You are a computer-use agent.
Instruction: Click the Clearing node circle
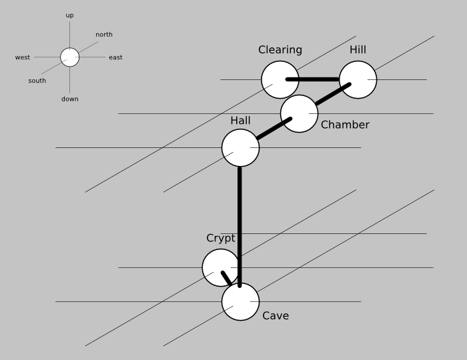280,79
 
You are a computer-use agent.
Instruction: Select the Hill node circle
358,79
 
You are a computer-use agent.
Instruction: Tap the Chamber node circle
298,113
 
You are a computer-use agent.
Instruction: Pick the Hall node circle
240,147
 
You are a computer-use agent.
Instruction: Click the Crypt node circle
220,267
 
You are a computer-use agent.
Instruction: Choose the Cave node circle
240,301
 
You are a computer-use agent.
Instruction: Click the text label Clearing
280,50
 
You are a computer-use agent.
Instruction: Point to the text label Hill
358,50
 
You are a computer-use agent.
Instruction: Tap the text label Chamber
345,125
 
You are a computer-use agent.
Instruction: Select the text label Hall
240,121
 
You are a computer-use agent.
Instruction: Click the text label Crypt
220,239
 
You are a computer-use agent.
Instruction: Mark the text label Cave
276,316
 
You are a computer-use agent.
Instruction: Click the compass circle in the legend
70,57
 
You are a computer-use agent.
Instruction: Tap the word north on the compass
104,35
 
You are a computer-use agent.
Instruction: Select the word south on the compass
37,81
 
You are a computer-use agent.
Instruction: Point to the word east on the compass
115,58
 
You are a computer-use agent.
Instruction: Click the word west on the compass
23,58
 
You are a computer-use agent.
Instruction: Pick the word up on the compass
70,15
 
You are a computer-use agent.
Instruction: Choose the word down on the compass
70,99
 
